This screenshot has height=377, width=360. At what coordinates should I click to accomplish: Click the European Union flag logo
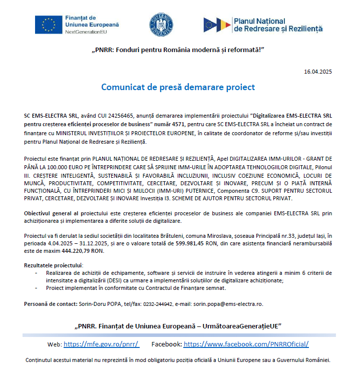point(49,24)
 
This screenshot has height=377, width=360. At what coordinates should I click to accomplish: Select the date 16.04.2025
point(317,72)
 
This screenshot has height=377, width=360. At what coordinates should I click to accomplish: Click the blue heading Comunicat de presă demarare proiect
point(178,87)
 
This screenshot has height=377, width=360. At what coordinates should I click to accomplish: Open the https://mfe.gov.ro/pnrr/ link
point(101,344)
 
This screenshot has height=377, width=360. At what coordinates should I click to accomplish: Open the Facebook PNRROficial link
point(246,344)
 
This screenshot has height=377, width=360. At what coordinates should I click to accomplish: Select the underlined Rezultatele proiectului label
point(54,265)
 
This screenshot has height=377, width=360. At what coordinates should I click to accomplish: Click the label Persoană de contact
point(51,304)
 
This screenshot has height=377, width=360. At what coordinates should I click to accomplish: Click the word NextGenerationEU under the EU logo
point(86,32)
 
